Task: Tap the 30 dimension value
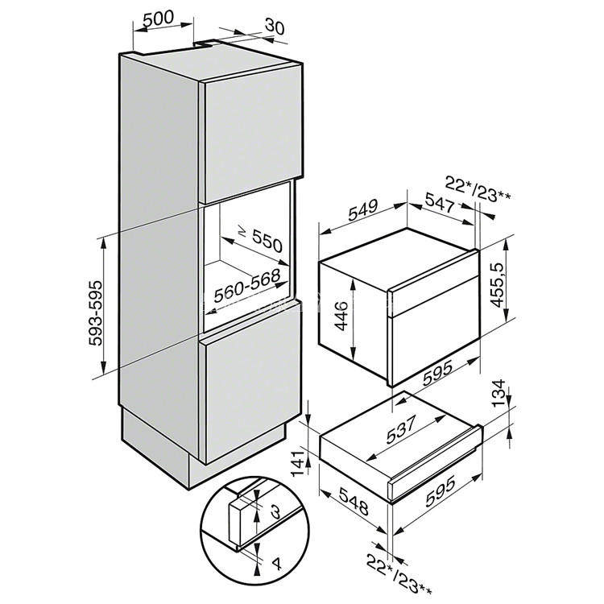click(x=275, y=26)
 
